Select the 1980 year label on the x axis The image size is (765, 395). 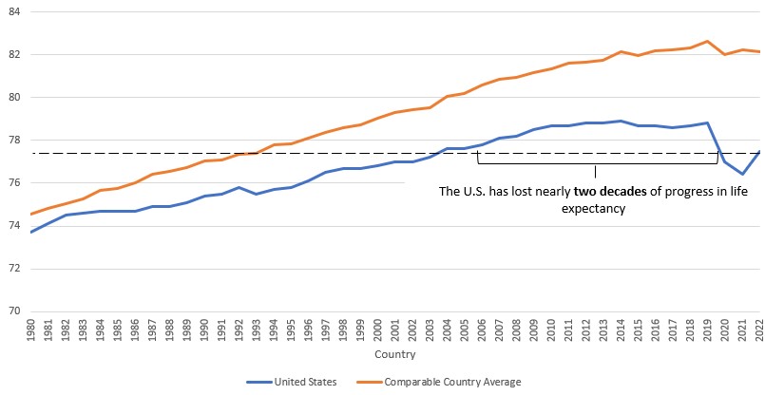click(x=31, y=329)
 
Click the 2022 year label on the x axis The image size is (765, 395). click(x=760, y=329)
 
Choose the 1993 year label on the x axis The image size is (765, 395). click(x=257, y=329)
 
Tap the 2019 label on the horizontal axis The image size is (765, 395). click(x=708, y=329)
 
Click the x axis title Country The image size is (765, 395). click(x=395, y=354)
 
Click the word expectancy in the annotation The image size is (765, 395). click(x=596, y=209)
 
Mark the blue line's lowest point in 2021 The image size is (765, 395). click(x=742, y=174)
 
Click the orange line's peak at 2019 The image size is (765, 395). click(x=708, y=41)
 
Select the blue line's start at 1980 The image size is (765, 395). click(x=31, y=232)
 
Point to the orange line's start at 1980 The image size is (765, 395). click(x=31, y=214)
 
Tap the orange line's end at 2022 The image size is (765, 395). click(x=760, y=52)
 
